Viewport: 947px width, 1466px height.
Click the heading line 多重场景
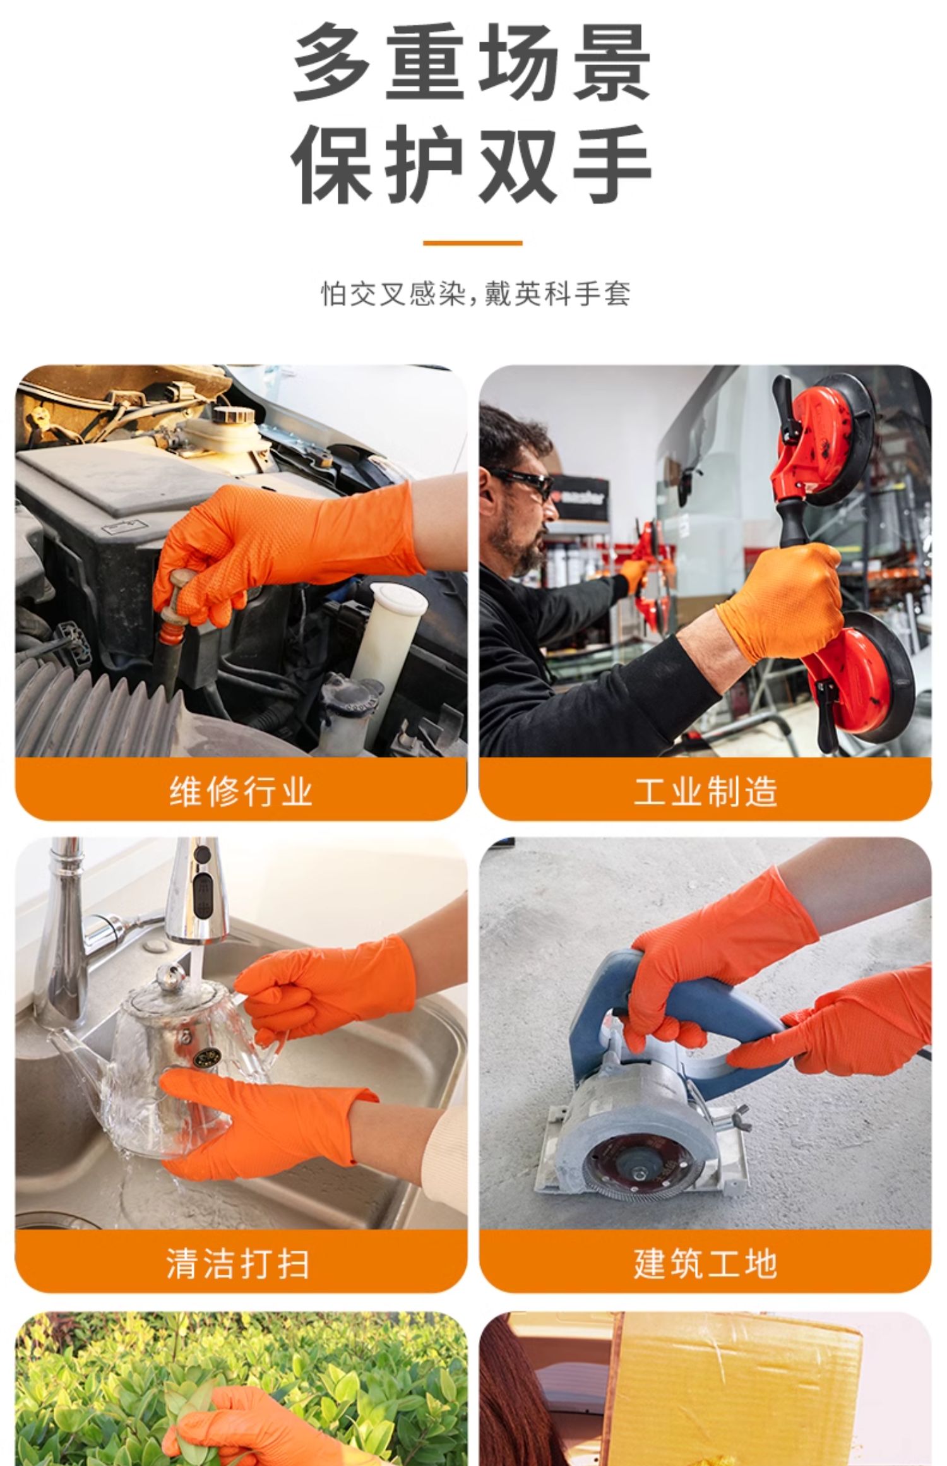pos(472,64)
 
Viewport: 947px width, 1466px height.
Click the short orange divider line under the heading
pos(472,242)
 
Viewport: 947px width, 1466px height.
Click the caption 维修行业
pos(241,790)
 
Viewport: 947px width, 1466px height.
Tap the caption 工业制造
pos(705,790)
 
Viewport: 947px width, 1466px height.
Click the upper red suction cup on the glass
pos(821,442)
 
